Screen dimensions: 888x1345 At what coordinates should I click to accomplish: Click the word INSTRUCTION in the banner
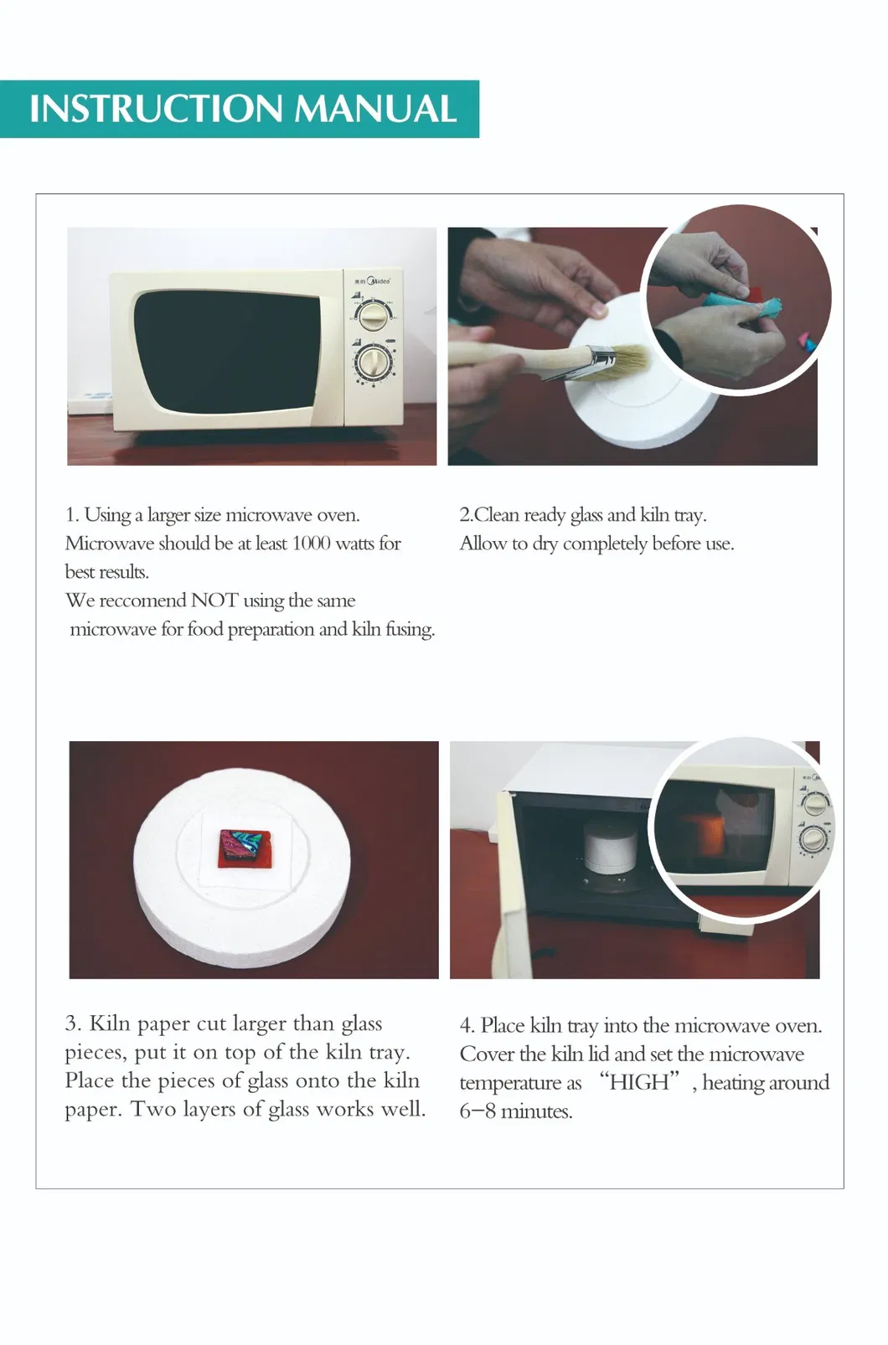point(156,109)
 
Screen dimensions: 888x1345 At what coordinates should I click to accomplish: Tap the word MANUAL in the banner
point(375,109)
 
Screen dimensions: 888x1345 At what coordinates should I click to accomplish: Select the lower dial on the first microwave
point(374,363)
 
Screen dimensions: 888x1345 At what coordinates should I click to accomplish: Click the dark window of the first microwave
point(227,353)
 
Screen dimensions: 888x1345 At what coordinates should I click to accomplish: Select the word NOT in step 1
point(215,600)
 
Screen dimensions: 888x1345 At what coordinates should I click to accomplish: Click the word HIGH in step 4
point(639,1082)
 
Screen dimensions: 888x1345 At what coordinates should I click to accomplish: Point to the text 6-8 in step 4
point(478,1111)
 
